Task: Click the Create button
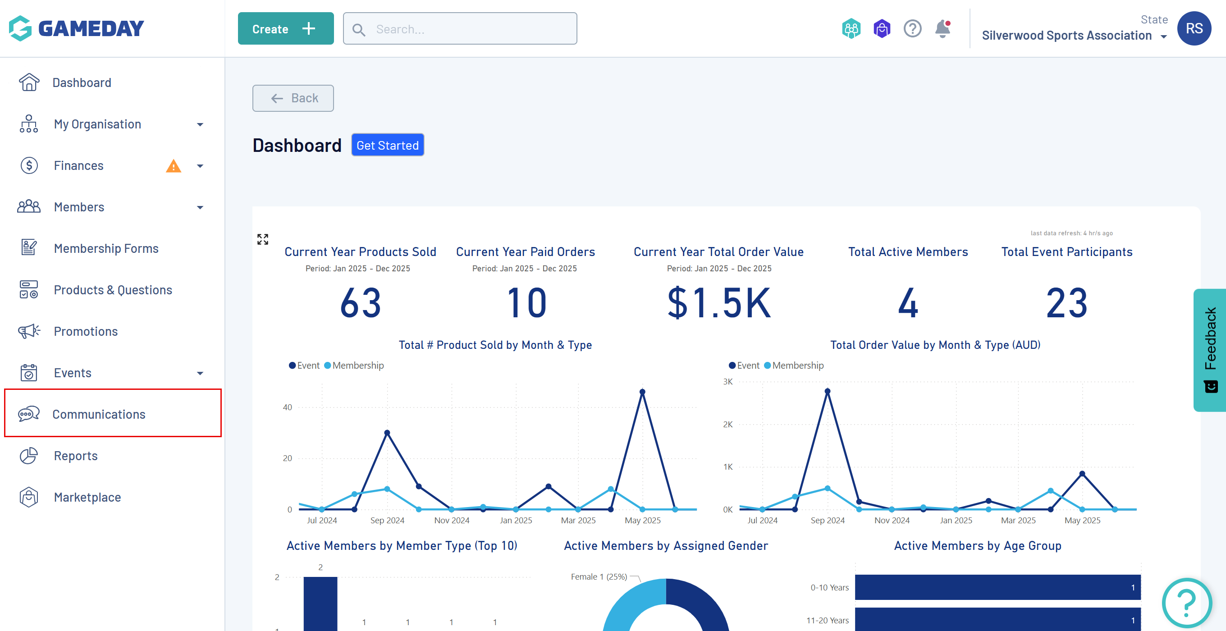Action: pyautogui.click(x=286, y=28)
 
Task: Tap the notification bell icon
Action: pyautogui.click(x=942, y=28)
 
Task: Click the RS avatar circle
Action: pyautogui.click(x=1194, y=28)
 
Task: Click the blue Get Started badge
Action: pyautogui.click(x=388, y=145)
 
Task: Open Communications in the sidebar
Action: pyautogui.click(x=99, y=414)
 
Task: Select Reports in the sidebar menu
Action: pyautogui.click(x=76, y=455)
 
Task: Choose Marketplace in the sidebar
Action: pyautogui.click(x=87, y=497)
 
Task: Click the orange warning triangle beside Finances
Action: pyautogui.click(x=173, y=166)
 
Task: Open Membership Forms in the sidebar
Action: pyautogui.click(x=105, y=248)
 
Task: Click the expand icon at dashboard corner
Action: pyautogui.click(x=263, y=239)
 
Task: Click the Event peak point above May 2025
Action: pyautogui.click(x=642, y=392)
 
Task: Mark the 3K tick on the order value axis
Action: pyautogui.click(x=727, y=382)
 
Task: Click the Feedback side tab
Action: pyautogui.click(x=1209, y=350)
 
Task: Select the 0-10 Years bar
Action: pyautogui.click(x=997, y=587)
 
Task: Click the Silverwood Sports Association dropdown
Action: pyautogui.click(x=1074, y=36)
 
